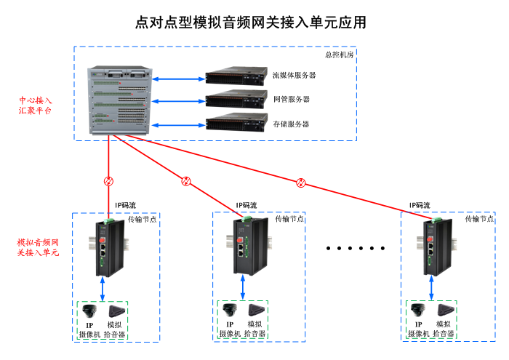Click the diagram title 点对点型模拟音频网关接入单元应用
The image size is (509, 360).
click(250, 23)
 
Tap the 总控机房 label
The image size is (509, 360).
click(339, 55)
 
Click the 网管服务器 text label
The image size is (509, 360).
click(291, 100)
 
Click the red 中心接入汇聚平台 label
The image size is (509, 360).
click(36, 105)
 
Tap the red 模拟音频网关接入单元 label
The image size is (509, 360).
click(38, 247)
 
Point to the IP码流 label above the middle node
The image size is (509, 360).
click(246, 206)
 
